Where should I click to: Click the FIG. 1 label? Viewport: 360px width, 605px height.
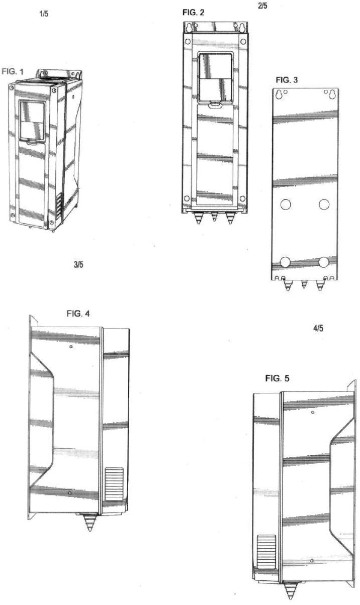tap(13, 72)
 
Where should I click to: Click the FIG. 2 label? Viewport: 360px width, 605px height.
tap(194, 12)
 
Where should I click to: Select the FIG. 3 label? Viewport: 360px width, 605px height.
tap(288, 80)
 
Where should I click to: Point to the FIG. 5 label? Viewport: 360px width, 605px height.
tap(277, 378)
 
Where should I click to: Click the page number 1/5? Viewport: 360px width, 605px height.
tap(44, 15)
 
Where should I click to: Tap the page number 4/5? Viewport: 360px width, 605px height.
tap(318, 329)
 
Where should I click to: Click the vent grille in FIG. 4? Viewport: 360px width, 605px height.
tap(114, 484)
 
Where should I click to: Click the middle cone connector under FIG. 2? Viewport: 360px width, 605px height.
tap(214, 217)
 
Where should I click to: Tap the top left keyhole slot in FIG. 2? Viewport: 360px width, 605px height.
tap(189, 29)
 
